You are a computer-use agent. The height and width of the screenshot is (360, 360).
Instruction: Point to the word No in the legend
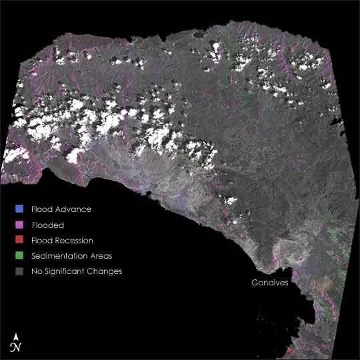click(37, 271)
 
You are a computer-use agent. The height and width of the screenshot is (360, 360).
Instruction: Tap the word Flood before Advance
click(42, 209)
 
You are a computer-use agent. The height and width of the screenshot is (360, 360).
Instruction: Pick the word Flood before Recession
click(42, 240)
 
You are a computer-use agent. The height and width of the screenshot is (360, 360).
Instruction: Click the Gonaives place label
click(269, 283)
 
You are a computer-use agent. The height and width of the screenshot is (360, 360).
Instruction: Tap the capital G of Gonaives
click(254, 283)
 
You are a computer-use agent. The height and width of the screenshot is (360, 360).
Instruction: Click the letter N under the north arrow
click(15, 347)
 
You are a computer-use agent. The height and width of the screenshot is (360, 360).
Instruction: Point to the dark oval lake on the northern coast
click(198, 33)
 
